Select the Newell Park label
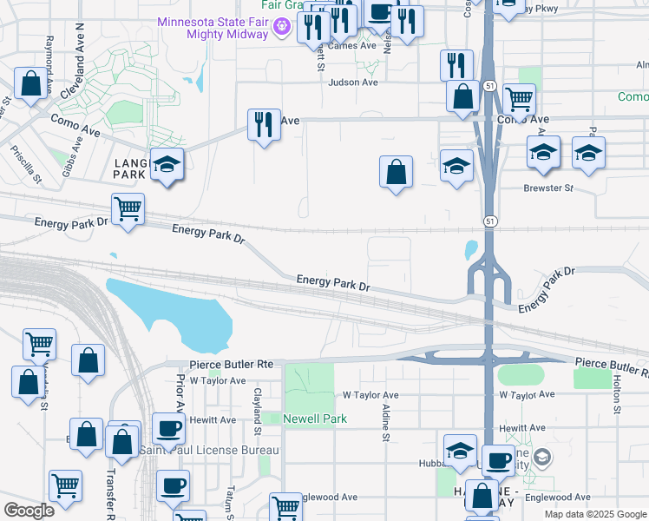316,419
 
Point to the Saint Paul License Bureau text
209,450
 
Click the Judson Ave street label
353,82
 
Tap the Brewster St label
548,188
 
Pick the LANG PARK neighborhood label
129,168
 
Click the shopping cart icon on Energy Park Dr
128,208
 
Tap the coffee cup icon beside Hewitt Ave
168,428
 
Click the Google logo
29,510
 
